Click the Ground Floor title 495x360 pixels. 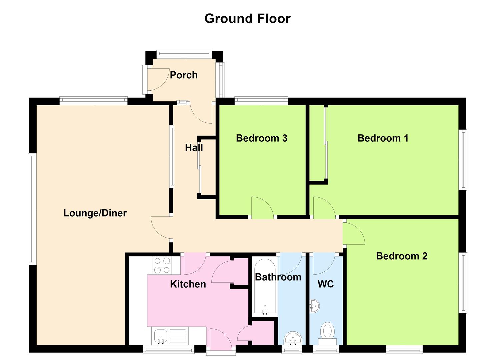tap(247, 19)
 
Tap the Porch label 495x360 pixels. tap(184, 75)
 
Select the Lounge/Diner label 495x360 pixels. tap(95, 213)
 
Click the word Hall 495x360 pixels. tap(194, 148)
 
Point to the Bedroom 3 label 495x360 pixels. tap(262, 138)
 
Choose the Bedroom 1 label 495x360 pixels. tap(383, 138)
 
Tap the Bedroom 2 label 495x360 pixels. tap(402, 256)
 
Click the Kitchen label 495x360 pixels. tap(188, 284)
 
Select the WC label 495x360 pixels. tap(326, 284)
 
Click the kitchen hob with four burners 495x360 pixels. tap(162, 265)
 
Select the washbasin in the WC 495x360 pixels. tap(314, 306)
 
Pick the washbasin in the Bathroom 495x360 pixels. tap(293, 338)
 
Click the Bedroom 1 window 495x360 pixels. tap(463, 160)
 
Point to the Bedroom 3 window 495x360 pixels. tap(261, 101)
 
